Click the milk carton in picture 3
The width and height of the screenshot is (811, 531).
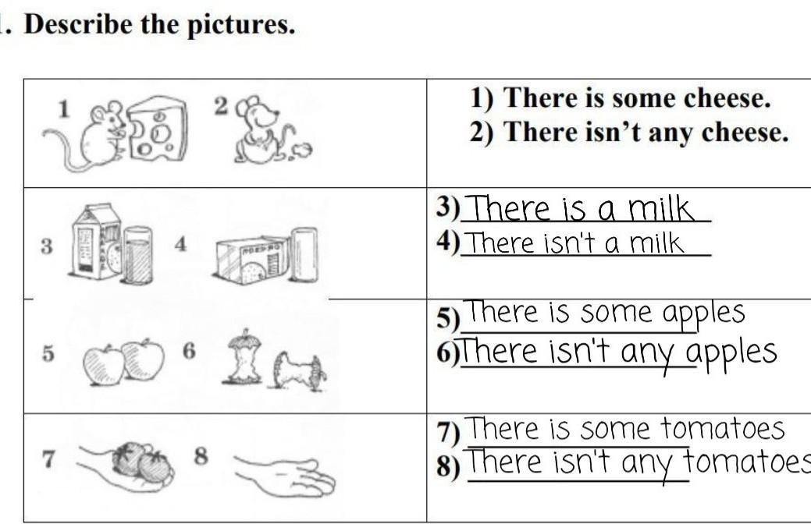(x=97, y=241)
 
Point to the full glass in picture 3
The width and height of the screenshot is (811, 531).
(x=137, y=255)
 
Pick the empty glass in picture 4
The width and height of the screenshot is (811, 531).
(x=304, y=255)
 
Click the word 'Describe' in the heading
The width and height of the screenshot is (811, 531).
(x=78, y=24)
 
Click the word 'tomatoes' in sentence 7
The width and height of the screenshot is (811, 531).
(x=723, y=429)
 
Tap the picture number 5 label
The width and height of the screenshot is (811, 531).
(x=48, y=354)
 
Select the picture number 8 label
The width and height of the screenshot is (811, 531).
(x=201, y=456)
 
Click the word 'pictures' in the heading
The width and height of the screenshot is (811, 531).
(x=240, y=25)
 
